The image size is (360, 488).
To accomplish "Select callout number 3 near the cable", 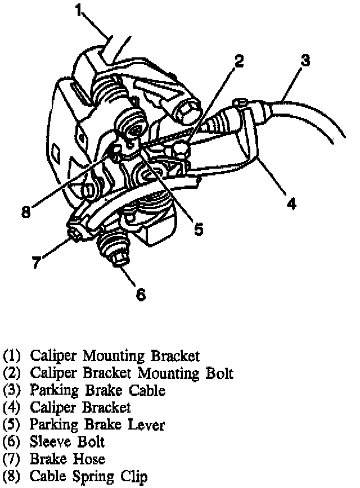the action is click(x=305, y=60).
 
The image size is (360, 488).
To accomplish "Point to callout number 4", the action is click(x=291, y=202).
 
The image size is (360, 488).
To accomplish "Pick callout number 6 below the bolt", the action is click(x=141, y=293).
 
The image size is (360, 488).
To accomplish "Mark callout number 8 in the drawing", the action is click(x=25, y=213).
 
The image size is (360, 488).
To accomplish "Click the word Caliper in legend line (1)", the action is click(x=53, y=356).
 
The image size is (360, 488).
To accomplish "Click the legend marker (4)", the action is click(x=12, y=407).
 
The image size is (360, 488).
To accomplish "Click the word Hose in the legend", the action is click(x=88, y=459).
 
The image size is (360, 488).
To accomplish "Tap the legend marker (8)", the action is click(x=12, y=477).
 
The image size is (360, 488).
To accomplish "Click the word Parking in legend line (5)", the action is click(x=52, y=424).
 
